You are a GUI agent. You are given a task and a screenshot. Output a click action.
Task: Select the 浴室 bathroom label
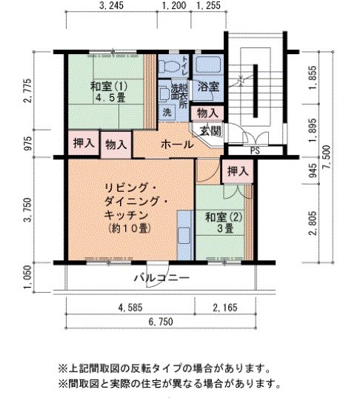point(208,87)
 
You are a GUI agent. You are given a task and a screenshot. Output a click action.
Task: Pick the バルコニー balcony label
point(162,279)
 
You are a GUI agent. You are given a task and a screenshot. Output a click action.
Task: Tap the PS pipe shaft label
point(255,150)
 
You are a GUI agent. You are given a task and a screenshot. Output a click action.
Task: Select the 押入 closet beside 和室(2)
point(237,172)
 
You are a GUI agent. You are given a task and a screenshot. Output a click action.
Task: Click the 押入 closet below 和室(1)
point(82,142)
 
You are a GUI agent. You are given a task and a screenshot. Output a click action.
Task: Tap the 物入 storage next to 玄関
point(207,113)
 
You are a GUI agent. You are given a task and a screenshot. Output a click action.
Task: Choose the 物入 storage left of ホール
point(115,143)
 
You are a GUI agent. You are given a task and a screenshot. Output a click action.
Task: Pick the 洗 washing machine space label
point(167,113)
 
